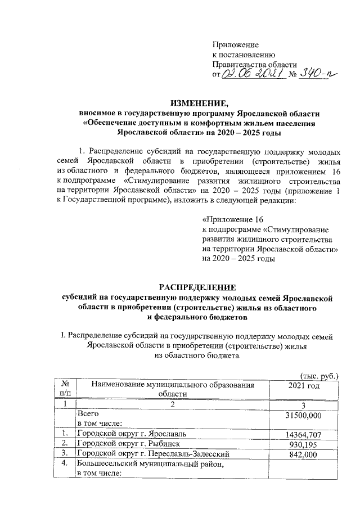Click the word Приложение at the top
235,44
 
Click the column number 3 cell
304,404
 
